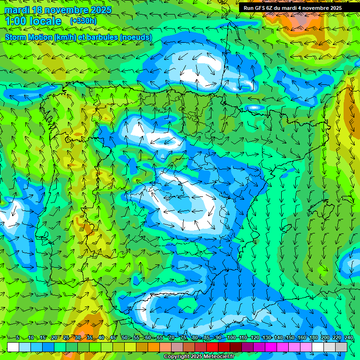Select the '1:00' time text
(18, 21)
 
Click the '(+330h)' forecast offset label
(83, 21)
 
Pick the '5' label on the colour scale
(17, 338)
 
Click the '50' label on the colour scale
(125, 338)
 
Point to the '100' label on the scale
(231, 338)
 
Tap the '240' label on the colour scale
(349, 338)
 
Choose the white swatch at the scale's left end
(13, 347)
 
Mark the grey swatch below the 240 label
(341, 347)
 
